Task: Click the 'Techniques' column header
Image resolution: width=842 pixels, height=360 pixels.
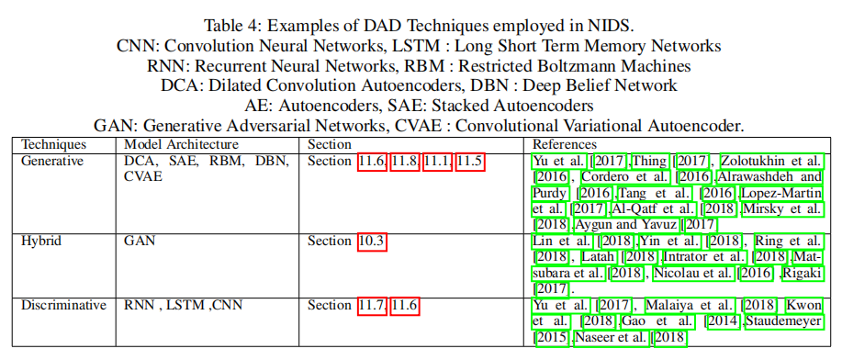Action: click(x=53, y=144)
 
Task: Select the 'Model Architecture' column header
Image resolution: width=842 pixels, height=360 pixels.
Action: click(x=181, y=144)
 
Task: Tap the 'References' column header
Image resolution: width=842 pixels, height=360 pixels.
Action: click(x=564, y=144)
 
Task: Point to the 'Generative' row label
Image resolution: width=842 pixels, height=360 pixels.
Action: click(x=53, y=161)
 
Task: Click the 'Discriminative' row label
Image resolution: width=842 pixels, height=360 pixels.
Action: click(x=63, y=305)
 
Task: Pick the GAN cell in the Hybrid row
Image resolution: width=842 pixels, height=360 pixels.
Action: click(x=139, y=241)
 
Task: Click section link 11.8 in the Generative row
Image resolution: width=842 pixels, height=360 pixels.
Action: click(x=404, y=161)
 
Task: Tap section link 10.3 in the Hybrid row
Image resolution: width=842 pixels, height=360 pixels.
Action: click(x=371, y=241)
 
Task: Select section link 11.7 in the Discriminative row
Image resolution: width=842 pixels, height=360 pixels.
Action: click(x=371, y=305)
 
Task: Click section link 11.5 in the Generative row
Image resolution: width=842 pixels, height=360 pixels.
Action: click(x=469, y=161)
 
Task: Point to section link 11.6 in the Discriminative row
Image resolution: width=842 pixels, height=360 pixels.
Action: click(x=404, y=305)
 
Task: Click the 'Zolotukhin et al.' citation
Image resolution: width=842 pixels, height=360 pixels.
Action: click(x=770, y=161)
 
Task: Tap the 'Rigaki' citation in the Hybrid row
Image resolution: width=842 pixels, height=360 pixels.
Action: click(x=803, y=273)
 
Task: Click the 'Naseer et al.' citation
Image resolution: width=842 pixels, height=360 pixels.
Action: click(x=610, y=338)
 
